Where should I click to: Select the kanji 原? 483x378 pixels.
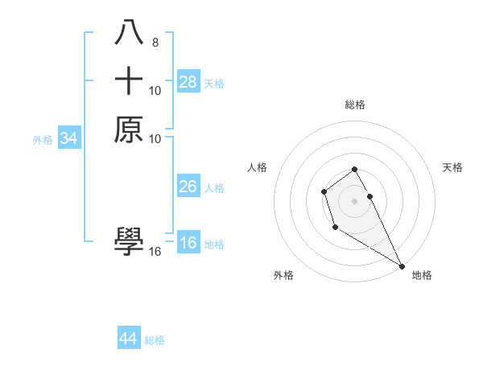coord(129,129)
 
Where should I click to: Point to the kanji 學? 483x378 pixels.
coord(129,240)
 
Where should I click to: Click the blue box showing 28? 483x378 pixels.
coord(188,81)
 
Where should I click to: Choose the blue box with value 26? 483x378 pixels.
coord(188,187)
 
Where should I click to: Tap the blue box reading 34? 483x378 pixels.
coord(69,138)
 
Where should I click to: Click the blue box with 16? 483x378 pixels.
coord(188,243)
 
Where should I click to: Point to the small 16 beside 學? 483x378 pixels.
coord(155,252)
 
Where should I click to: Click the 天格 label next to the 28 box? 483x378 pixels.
coord(214,83)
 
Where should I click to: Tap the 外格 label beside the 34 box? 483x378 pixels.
coord(43,139)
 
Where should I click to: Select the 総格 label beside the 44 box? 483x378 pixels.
coord(155,339)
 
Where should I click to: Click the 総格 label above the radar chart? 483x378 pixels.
coord(355,105)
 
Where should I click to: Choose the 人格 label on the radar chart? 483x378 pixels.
coord(257,167)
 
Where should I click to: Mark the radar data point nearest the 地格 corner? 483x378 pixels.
coord(402,266)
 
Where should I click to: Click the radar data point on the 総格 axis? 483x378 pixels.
coord(355,169)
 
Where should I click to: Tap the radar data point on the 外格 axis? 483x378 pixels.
coord(335,228)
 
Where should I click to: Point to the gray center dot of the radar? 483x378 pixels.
coord(355,200)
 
